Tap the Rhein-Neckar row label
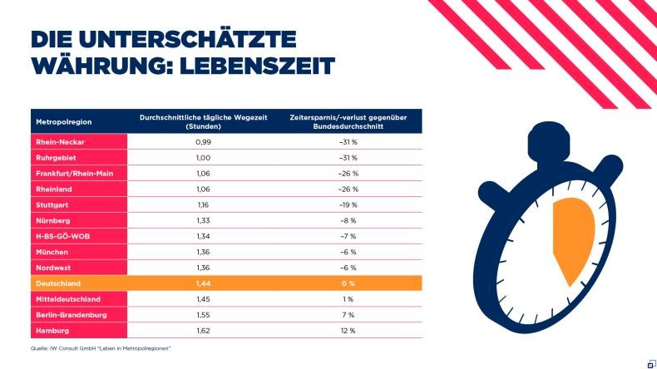pyautogui.click(x=60, y=142)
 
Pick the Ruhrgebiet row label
pyautogui.click(x=56, y=158)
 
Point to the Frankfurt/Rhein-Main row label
pyautogui.click(x=75, y=174)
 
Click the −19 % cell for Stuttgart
pyautogui.click(x=347, y=204)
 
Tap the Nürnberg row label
pyautogui.click(x=53, y=220)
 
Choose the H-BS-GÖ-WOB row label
pyautogui.click(x=61, y=236)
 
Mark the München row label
pyautogui.click(x=52, y=252)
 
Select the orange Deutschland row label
pyautogui.click(x=59, y=283)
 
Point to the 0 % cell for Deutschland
pyautogui.click(x=347, y=283)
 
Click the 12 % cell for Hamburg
pyautogui.click(x=347, y=331)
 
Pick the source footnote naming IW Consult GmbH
pyautogui.click(x=100, y=347)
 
